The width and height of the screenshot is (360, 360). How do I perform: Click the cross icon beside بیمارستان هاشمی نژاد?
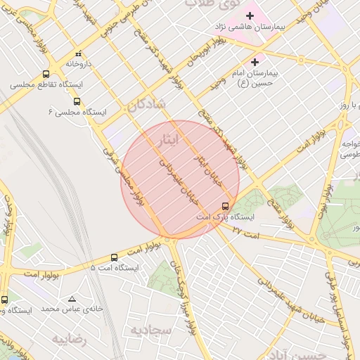click(250, 15)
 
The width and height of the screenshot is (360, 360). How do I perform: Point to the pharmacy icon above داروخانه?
click(79, 53)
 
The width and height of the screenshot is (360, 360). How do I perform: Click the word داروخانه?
click(80, 63)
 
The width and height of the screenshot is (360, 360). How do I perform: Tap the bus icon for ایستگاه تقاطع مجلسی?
click(46, 74)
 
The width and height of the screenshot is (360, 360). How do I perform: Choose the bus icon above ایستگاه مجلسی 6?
click(77, 101)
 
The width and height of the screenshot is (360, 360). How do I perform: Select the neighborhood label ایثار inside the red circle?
click(172, 140)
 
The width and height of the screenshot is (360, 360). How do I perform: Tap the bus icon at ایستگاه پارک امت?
click(225, 206)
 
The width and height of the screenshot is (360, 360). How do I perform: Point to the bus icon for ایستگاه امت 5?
click(115, 257)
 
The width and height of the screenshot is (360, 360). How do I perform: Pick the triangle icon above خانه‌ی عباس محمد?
click(72, 299)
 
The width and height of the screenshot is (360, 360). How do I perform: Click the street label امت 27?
click(247, 231)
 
